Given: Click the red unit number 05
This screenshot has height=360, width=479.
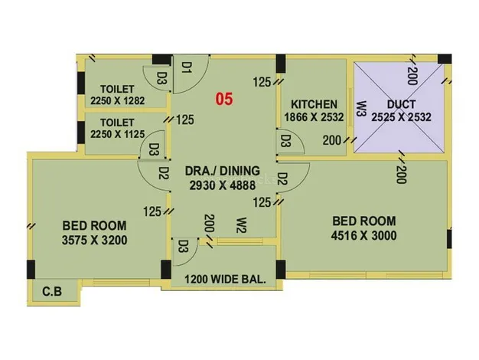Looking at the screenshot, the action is pyautogui.click(x=224, y=99).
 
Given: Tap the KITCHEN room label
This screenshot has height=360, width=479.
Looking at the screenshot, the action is pyautogui.click(x=314, y=104).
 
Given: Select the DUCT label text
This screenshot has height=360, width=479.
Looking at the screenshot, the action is pyautogui.click(x=401, y=104).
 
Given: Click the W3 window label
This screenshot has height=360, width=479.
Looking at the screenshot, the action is pyautogui.click(x=361, y=109).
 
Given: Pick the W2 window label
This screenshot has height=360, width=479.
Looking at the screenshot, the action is pyautogui.click(x=241, y=225).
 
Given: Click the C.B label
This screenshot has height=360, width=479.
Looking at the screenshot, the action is pyautogui.click(x=52, y=292).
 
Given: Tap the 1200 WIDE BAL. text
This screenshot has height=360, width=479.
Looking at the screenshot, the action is pyautogui.click(x=225, y=280).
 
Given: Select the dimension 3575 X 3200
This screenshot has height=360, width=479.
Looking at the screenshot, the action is pyautogui.click(x=95, y=240).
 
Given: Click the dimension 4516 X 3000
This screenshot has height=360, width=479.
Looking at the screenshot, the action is pyautogui.click(x=364, y=235).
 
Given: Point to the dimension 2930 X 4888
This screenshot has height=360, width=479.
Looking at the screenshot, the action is pyautogui.click(x=223, y=185).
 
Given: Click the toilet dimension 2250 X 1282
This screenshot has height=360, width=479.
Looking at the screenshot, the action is pyautogui.click(x=118, y=100).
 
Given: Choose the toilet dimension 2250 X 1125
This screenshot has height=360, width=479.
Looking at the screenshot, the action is pyautogui.click(x=118, y=134).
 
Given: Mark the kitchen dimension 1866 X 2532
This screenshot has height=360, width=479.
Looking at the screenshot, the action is pyautogui.click(x=314, y=117).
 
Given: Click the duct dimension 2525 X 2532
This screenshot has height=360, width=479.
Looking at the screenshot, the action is pyautogui.click(x=401, y=117).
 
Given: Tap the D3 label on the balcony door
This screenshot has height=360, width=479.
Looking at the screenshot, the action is pyautogui.click(x=182, y=246).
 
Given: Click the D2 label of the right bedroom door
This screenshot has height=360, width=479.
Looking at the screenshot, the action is pyautogui.click(x=283, y=179).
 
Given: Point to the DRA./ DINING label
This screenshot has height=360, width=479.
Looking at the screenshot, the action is pyautogui.click(x=223, y=171).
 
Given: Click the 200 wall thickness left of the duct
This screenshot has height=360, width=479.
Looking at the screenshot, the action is pyautogui.click(x=332, y=140).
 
